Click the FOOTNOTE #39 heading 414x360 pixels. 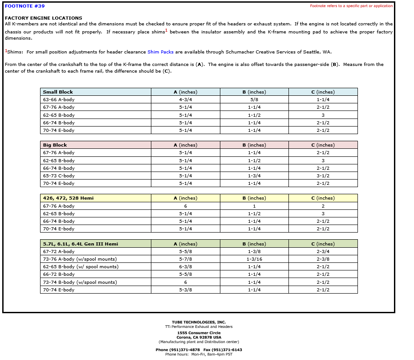click(24, 6)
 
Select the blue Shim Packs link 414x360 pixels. click(160, 52)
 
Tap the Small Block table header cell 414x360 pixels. click(58, 92)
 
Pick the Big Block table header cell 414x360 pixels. click(55, 145)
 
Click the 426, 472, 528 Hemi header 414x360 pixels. click(68, 198)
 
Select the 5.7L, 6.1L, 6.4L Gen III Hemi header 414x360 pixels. click(80, 244)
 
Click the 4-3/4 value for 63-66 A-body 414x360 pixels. click(185, 100)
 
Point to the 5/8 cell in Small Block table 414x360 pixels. click(254, 100)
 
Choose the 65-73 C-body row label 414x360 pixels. click(59, 176)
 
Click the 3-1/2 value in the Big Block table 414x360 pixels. click(323, 176)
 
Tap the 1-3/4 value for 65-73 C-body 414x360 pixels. click(254, 176)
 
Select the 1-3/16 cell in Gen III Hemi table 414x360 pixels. click(254, 259)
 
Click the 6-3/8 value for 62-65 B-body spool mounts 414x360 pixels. click(185, 267)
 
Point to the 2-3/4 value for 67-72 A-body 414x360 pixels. click(323, 252)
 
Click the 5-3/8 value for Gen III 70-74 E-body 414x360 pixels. click(185, 290)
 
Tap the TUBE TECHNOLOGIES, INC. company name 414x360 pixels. click(199, 322)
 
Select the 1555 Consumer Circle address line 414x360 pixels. click(199, 333)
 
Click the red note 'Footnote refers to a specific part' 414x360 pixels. click(351, 6)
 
